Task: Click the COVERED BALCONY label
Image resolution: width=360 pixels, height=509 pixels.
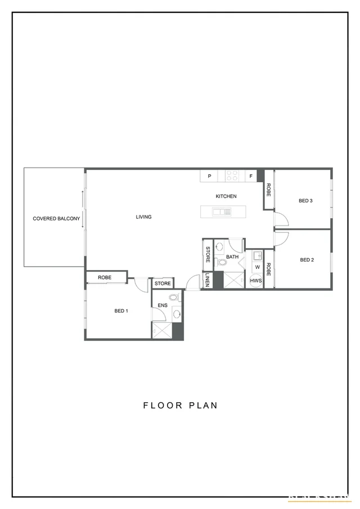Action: coord(56,218)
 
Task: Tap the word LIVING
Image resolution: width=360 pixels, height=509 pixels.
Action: coord(143,217)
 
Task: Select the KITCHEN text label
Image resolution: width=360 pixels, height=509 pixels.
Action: coord(226,196)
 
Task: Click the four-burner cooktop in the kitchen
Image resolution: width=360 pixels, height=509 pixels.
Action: coord(232,176)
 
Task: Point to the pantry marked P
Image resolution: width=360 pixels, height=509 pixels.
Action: coord(209,176)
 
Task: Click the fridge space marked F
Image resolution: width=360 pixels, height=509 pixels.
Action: coord(251,176)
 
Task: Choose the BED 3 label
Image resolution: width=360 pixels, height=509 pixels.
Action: coord(305,200)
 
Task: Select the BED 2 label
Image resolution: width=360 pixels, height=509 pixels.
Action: coord(307,260)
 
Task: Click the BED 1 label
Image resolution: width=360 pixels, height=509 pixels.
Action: coord(121,310)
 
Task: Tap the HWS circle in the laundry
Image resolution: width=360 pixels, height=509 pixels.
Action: coord(256,281)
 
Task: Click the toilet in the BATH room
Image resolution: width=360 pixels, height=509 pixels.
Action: coord(221,262)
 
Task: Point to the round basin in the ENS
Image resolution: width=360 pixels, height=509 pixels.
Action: coord(177,314)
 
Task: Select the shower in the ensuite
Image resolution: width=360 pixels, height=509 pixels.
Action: coord(162,331)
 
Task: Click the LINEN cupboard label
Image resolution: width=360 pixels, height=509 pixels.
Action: coord(208,280)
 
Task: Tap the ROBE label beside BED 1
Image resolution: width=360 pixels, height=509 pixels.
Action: coord(105,277)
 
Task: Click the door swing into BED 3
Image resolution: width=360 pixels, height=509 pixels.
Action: coord(281,219)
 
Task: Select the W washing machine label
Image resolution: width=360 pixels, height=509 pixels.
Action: coord(257,267)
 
